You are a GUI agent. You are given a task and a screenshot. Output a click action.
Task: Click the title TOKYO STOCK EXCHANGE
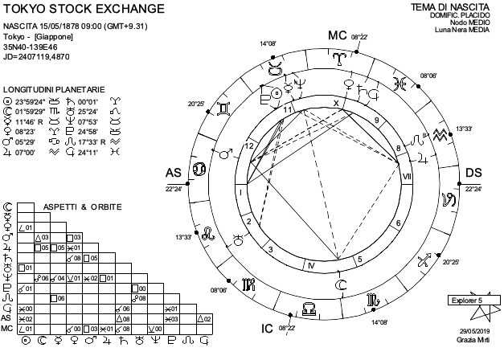tap(83, 10)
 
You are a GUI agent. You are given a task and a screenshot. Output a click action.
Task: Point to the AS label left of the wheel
tap(173, 174)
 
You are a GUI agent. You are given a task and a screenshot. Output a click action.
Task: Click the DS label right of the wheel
tap(473, 174)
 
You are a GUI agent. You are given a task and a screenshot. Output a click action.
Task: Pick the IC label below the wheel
tap(268, 327)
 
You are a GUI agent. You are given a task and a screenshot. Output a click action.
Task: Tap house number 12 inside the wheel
tap(251, 145)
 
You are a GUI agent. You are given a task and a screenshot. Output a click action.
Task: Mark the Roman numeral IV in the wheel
tap(311, 264)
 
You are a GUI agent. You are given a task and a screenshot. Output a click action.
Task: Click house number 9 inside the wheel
tap(376, 121)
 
